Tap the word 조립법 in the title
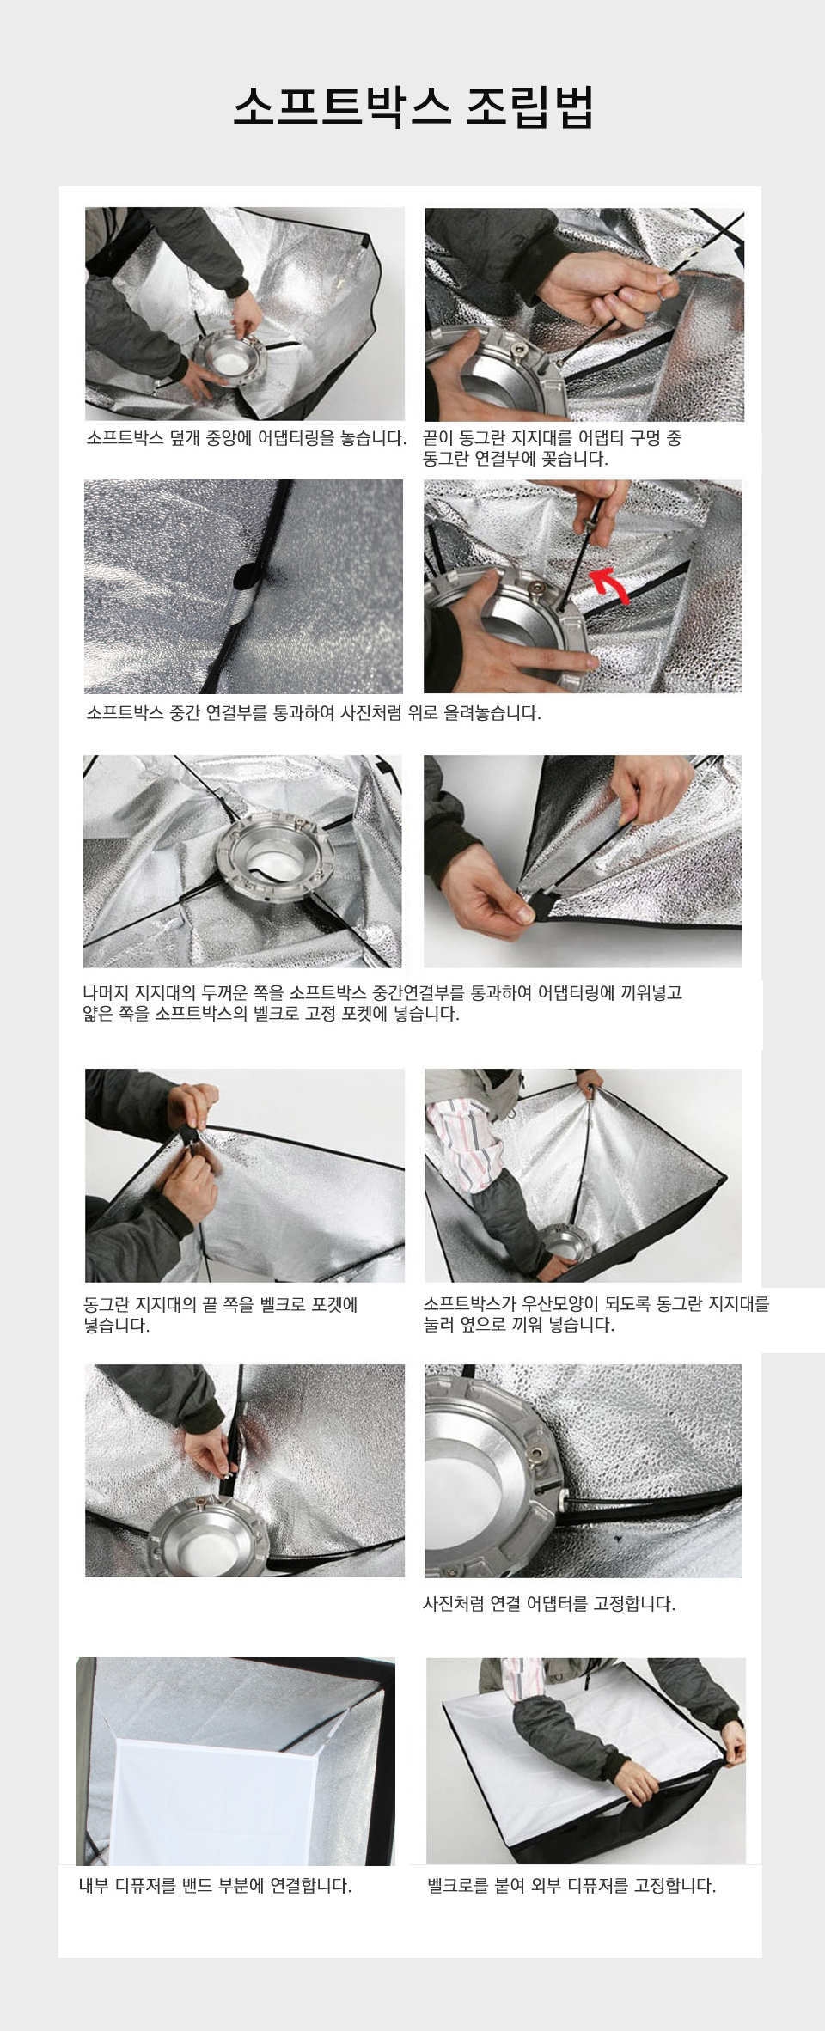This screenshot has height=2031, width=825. point(529,107)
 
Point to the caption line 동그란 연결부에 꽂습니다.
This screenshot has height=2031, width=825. point(515,459)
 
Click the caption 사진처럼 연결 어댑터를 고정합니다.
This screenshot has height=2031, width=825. point(549,1604)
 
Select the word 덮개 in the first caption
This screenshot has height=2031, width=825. point(185,438)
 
